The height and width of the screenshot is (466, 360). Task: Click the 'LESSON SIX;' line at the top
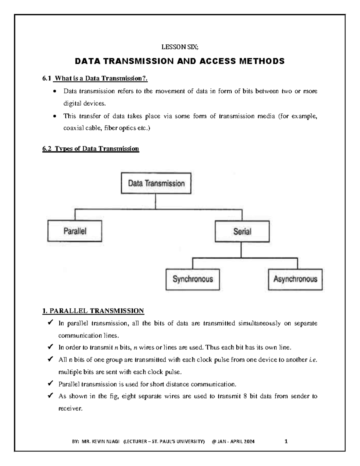pyautogui.click(x=180, y=47)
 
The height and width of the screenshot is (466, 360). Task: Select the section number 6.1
pyautogui.click(x=46, y=79)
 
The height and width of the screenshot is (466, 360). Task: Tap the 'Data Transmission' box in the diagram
pyautogui.click(x=156, y=183)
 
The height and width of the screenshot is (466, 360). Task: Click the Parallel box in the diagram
pyautogui.click(x=75, y=231)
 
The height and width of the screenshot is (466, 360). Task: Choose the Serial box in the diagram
pyautogui.click(x=242, y=231)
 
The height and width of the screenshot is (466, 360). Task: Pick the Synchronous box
pyautogui.click(x=193, y=279)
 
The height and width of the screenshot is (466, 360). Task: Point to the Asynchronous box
pyautogui.click(x=295, y=279)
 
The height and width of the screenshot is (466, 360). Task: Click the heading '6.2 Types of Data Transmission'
pyautogui.click(x=91, y=149)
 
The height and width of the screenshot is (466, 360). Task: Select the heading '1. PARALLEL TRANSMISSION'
pyautogui.click(x=93, y=311)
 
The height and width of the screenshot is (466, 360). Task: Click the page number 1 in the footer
pyautogui.click(x=286, y=441)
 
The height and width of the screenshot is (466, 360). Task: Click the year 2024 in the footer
pyautogui.click(x=249, y=441)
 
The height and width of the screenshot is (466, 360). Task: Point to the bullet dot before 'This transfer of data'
pyautogui.click(x=54, y=116)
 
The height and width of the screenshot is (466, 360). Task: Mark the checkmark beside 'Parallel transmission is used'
pyautogui.click(x=50, y=384)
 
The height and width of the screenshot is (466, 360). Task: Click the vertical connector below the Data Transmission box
pyautogui.click(x=155, y=201)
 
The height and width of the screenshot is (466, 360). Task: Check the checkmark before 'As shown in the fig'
pyautogui.click(x=50, y=396)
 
